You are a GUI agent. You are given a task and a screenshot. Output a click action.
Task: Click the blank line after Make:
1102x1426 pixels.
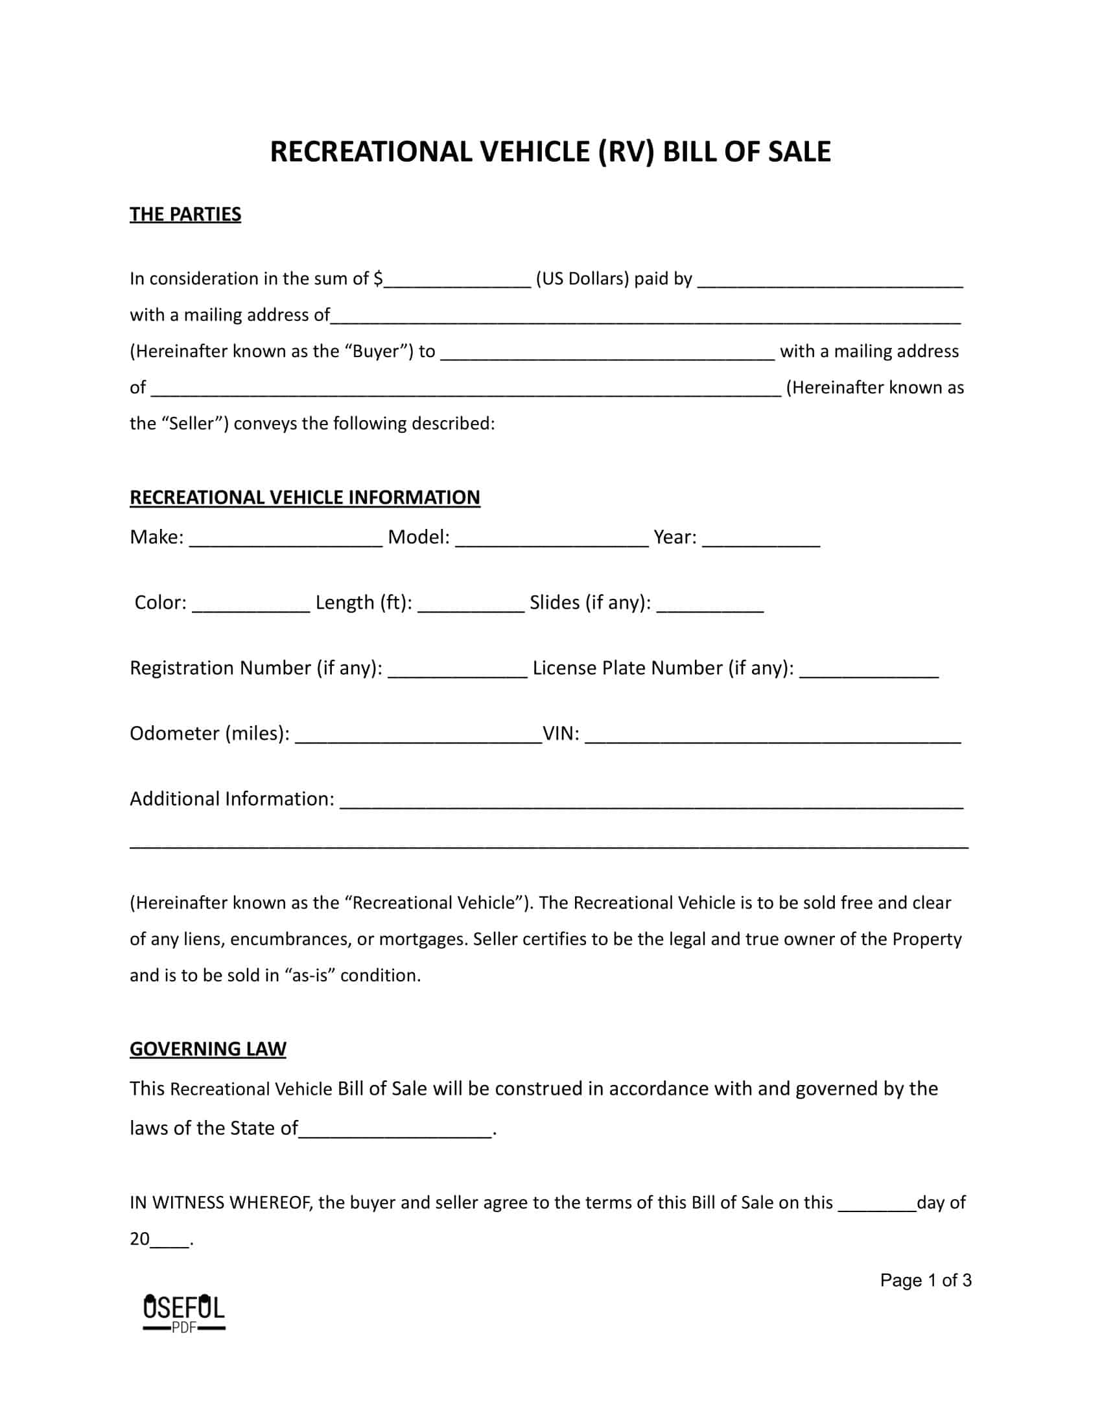tap(285, 539)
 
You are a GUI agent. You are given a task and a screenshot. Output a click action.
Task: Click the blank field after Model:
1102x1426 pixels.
tap(552, 539)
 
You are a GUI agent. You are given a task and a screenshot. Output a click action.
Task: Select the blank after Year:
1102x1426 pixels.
tap(760, 539)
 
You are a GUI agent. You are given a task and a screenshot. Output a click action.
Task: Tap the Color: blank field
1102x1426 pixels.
tap(251, 605)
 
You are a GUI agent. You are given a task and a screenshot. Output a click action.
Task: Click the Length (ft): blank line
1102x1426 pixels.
tap(470, 605)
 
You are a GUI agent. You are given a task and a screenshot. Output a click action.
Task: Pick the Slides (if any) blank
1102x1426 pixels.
tap(710, 605)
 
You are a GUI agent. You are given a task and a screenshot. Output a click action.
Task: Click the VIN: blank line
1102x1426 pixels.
tap(772, 736)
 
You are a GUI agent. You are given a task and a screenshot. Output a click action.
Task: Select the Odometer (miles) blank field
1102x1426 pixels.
tap(418, 736)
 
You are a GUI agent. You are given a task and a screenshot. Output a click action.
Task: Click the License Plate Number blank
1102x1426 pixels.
tap(868, 671)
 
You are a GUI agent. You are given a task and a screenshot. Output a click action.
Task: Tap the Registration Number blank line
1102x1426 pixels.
tap(457, 671)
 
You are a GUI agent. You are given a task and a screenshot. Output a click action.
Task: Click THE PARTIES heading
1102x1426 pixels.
tap(185, 214)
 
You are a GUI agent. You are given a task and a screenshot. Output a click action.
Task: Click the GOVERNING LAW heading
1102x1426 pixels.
tap(207, 1049)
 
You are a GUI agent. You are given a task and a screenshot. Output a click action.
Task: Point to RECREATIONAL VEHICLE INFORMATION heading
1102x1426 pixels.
tap(304, 497)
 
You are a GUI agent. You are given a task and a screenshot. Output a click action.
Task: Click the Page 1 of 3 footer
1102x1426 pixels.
tap(925, 1280)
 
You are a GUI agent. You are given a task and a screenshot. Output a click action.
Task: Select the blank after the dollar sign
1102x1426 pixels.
tap(457, 281)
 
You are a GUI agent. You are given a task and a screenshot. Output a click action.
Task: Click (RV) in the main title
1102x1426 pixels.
tap(623, 152)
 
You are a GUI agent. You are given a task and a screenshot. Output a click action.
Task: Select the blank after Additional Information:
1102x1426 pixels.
tap(651, 801)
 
